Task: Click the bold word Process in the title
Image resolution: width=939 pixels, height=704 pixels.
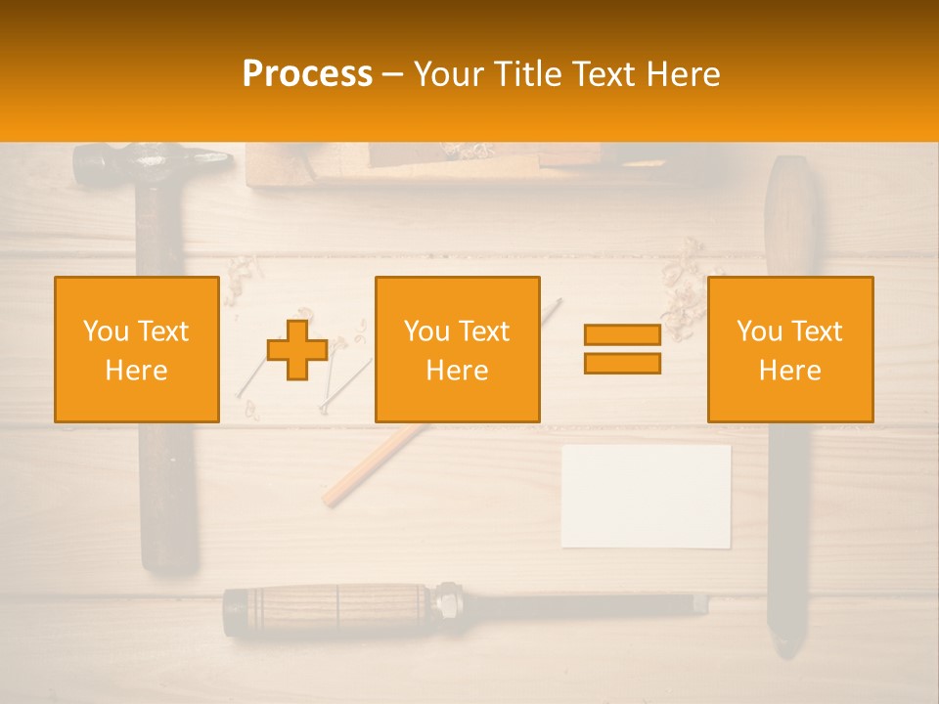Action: pyautogui.click(x=307, y=74)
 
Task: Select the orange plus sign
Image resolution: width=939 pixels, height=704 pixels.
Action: pyautogui.click(x=297, y=350)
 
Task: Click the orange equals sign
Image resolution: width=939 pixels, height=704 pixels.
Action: pyautogui.click(x=622, y=349)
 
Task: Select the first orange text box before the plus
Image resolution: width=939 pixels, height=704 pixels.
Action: pyautogui.click(x=137, y=349)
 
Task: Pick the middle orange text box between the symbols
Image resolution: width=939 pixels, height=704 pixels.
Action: pyautogui.click(x=457, y=349)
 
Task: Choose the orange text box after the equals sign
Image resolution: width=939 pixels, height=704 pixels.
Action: pyautogui.click(x=790, y=349)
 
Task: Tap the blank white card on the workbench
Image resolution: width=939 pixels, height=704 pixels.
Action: pyautogui.click(x=646, y=496)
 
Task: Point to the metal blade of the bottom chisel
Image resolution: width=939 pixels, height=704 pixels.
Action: pyautogui.click(x=587, y=603)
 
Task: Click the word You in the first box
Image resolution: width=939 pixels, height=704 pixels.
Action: pyautogui.click(x=106, y=331)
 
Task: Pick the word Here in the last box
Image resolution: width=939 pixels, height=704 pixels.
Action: pyautogui.click(x=790, y=371)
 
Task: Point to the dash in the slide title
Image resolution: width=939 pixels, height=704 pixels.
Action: pyautogui.click(x=393, y=74)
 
